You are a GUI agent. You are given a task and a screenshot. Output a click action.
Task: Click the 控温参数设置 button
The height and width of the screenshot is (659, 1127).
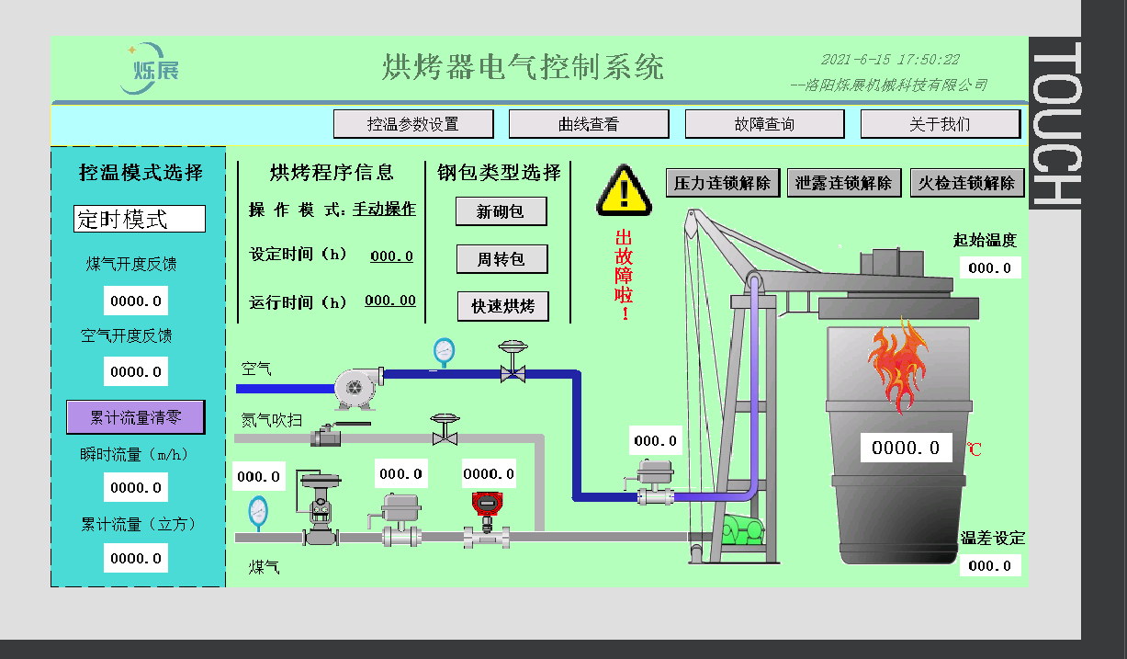click(x=413, y=124)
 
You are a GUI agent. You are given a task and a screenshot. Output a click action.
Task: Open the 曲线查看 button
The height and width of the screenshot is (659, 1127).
click(x=589, y=124)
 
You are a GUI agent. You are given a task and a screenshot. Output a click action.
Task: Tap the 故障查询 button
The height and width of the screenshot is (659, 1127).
click(x=764, y=124)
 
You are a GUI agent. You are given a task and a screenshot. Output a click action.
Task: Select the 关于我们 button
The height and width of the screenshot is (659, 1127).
click(x=940, y=124)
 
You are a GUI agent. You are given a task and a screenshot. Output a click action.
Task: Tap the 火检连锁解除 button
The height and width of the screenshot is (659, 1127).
click(x=967, y=183)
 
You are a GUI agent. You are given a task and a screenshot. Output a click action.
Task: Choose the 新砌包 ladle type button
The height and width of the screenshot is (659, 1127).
click(x=502, y=211)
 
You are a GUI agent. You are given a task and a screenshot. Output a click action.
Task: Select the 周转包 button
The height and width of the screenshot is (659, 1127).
click(x=502, y=259)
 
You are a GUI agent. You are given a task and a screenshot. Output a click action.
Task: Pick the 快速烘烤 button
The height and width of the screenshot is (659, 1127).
click(x=502, y=306)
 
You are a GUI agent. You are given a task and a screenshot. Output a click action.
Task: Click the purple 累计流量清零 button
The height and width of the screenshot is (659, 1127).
click(x=135, y=417)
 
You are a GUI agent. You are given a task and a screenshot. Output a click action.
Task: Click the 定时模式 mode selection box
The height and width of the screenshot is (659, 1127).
click(x=140, y=219)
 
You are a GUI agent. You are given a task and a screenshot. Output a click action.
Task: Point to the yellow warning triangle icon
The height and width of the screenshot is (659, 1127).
click(x=625, y=190)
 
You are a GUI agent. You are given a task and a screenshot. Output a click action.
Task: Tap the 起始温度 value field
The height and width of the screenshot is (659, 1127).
click(x=990, y=267)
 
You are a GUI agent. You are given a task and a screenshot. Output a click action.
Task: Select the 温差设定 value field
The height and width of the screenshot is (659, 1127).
click(x=990, y=565)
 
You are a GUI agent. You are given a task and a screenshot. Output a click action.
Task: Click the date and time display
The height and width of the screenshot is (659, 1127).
click(x=890, y=60)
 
